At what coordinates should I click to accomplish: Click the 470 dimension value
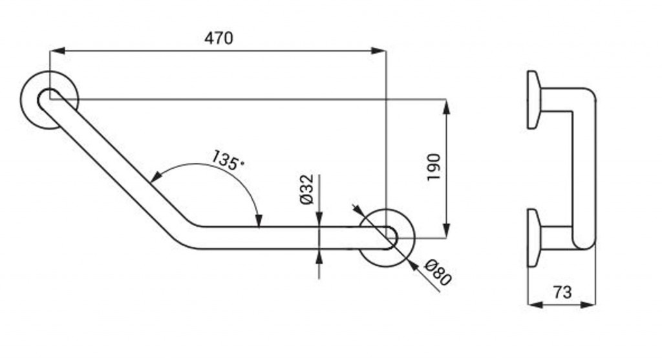(219, 38)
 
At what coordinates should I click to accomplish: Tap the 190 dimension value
(434, 167)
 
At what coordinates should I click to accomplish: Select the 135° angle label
(228, 160)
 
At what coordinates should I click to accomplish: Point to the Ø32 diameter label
(307, 189)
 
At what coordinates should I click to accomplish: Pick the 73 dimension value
(562, 292)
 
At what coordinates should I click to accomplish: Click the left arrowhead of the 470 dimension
(57, 50)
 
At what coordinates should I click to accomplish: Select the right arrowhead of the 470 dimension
(378, 50)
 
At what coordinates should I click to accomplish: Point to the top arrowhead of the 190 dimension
(447, 107)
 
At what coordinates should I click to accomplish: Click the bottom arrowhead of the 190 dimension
(447, 230)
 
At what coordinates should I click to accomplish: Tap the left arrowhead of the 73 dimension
(536, 304)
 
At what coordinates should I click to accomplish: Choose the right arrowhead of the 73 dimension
(588, 304)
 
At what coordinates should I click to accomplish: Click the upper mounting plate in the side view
(533, 100)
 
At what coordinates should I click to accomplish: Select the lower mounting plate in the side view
(533, 238)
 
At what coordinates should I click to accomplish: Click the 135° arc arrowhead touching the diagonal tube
(155, 176)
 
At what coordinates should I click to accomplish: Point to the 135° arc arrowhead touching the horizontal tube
(259, 220)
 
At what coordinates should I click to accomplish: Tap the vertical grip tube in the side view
(584, 169)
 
